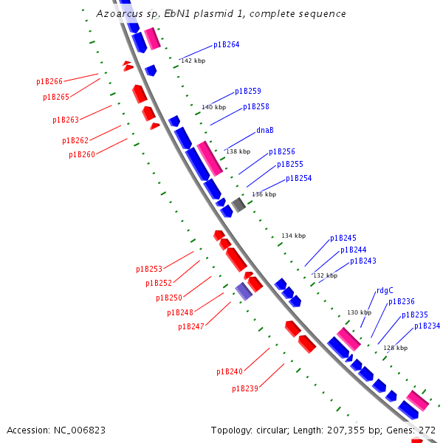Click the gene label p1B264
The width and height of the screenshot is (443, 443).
(226, 44)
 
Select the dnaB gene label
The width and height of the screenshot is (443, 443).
(265, 130)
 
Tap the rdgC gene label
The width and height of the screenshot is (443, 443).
(385, 290)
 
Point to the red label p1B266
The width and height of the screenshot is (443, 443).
(49, 81)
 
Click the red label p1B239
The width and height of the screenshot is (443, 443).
(244, 388)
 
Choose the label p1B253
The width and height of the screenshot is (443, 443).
(148, 269)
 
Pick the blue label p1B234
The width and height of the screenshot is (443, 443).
(427, 326)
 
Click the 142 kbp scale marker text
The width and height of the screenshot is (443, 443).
(193, 61)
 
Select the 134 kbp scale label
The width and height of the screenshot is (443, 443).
(293, 236)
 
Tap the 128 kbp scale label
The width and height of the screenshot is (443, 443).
(395, 348)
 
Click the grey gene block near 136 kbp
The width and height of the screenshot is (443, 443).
(238, 205)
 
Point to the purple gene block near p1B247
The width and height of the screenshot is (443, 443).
(244, 291)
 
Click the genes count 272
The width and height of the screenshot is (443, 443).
(427, 430)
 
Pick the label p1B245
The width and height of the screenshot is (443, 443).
(343, 238)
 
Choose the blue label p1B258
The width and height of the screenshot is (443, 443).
(255, 106)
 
